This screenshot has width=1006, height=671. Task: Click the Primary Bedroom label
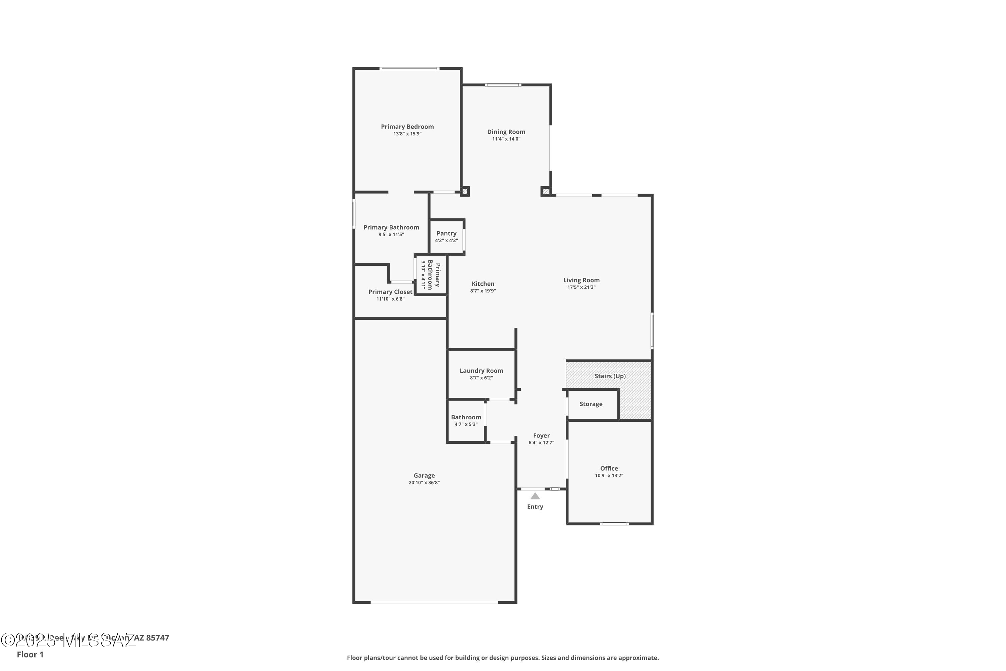407,127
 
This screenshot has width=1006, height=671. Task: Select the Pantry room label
446,233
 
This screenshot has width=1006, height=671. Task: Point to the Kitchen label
483,284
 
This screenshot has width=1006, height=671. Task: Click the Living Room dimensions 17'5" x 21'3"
581,287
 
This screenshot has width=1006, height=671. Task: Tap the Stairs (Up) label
610,376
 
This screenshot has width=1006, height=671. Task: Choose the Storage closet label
591,404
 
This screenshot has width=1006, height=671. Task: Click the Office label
609,468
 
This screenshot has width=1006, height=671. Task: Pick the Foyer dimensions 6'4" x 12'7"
541,443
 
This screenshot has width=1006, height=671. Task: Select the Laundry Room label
481,371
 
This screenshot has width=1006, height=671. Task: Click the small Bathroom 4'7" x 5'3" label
466,417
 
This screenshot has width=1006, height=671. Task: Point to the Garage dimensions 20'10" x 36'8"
424,483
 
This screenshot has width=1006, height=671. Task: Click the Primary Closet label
390,292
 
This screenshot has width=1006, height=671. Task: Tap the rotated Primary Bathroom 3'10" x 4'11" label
431,275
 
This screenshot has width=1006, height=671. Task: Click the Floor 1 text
30,654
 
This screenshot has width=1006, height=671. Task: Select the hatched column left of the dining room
464,191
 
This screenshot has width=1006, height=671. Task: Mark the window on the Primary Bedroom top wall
409,68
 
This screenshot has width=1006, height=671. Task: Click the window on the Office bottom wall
614,523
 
